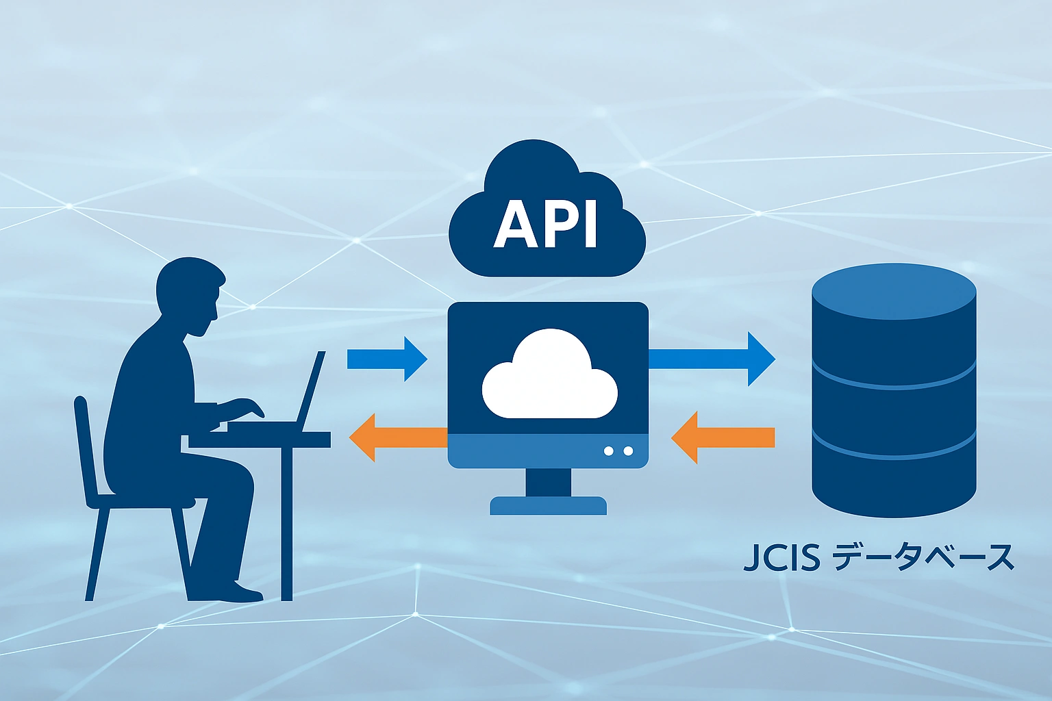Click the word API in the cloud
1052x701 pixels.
pyautogui.click(x=546, y=224)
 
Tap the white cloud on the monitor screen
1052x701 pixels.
pyautogui.click(x=549, y=377)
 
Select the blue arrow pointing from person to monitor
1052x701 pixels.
pyautogui.click(x=388, y=359)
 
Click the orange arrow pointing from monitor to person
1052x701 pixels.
pyautogui.click(x=397, y=437)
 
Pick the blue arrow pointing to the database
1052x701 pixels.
pyautogui.click(x=712, y=359)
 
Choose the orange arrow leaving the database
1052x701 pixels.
pyautogui.click(x=723, y=437)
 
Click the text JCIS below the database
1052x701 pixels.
pyautogui.click(x=781, y=558)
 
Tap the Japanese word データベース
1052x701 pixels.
pyautogui.click(x=922, y=558)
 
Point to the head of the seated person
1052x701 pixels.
pyautogui.click(x=188, y=291)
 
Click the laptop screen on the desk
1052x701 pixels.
pyautogui.click(x=312, y=390)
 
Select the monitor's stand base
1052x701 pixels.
pyautogui.click(x=548, y=506)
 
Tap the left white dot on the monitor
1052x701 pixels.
pyautogui.click(x=608, y=451)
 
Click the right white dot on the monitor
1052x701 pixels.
pyautogui.click(x=628, y=451)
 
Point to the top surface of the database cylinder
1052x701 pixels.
pyautogui.click(x=894, y=291)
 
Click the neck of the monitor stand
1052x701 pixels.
pyautogui.click(x=548, y=482)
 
